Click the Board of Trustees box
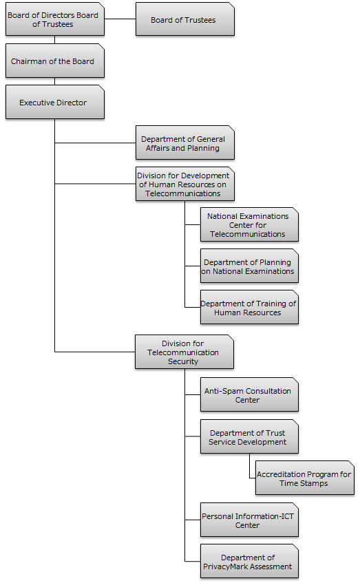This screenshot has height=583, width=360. pyautogui.click(x=185, y=19)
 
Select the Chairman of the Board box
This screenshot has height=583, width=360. pyautogui.click(x=54, y=61)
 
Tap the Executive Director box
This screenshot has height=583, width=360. pyautogui.click(x=54, y=103)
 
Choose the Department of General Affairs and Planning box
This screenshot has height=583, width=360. pyautogui.click(x=185, y=142)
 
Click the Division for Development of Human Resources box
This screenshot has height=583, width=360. pyautogui.click(x=185, y=184)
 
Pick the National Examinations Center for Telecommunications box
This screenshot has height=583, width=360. pyautogui.click(x=249, y=224)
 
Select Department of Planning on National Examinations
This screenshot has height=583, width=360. pyautogui.click(x=249, y=266)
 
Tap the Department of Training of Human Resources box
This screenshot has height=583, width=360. pyautogui.click(x=249, y=308)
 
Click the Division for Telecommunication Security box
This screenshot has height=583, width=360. pyautogui.click(x=184, y=352)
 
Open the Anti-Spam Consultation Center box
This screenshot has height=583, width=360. pyautogui.click(x=249, y=395)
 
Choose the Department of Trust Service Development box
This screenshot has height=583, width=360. pyautogui.click(x=249, y=437)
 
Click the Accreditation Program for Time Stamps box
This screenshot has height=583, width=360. pyautogui.click(x=304, y=478)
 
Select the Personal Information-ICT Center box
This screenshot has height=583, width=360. pyautogui.click(x=249, y=520)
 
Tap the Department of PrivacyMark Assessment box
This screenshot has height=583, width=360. pyautogui.click(x=249, y=562)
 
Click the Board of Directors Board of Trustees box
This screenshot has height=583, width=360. pyautogui.click(x=54, y=19)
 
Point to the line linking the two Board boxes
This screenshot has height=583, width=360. pyautogui.click(x=120, y=19)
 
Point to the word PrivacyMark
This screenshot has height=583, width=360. pyautogui.click(x=247, y=566)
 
